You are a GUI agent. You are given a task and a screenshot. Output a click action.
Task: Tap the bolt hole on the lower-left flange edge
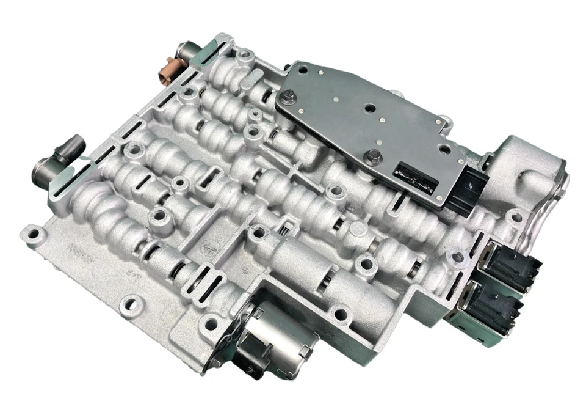(129, 302)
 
